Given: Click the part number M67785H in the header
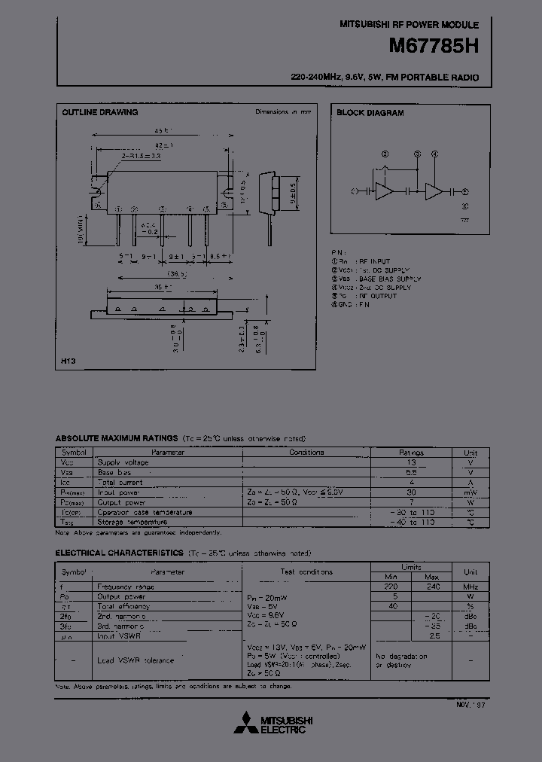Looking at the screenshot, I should tap(433, 46).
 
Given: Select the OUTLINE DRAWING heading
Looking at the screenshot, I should tap(99, 112).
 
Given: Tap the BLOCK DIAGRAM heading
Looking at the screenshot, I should tap(370, 113).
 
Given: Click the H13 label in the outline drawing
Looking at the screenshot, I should tap(68, 362).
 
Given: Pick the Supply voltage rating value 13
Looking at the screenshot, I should tap(411, 463).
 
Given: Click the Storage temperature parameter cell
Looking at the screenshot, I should tap(134, 522).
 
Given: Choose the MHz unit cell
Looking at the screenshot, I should tap(470, 587).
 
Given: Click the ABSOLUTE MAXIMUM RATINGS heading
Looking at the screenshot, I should tap(117, 438).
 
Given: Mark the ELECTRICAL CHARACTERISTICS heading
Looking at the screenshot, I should tap(120, 553).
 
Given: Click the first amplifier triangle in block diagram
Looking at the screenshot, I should tap(384, 191).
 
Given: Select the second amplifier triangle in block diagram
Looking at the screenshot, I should tap(434, 191).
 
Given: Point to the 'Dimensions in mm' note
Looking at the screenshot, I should tap(282, 111).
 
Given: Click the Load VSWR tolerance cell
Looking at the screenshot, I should tap(135, 660).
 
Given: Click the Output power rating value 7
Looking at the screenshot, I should tap(411, 502).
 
